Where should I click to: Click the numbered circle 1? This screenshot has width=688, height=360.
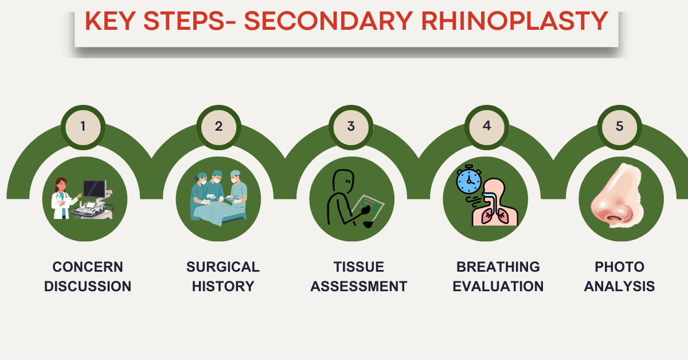pyautogui.click(x=83, y=126)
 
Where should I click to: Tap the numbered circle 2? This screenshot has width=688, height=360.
pyautogui.click(x=218, y=126)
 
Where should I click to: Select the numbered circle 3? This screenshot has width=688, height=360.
pyautogui.click(x=351, y=126)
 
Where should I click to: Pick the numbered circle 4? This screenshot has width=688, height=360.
pyautogui.click(x=487, y=126)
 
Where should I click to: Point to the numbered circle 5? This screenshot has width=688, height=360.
pyautogui.click(x=620, y=126)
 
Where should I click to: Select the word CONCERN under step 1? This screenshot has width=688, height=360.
pyautogui.click(x=88, y=267)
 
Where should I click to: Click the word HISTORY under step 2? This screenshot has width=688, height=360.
pyautogui.click(x=223, y=286)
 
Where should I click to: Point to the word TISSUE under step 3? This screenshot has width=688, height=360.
pyautogui.click(x=358, y=267)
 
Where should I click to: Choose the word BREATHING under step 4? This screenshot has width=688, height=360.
pyautogui.click(x=498, y=267)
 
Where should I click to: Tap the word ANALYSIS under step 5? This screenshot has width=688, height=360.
pyautogui.click(x=619, y=286)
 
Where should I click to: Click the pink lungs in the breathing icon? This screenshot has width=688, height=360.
pyautogui.click(x=494, y=216)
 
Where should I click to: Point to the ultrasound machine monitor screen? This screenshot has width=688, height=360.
pyautogui.click(x=93, y=188)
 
